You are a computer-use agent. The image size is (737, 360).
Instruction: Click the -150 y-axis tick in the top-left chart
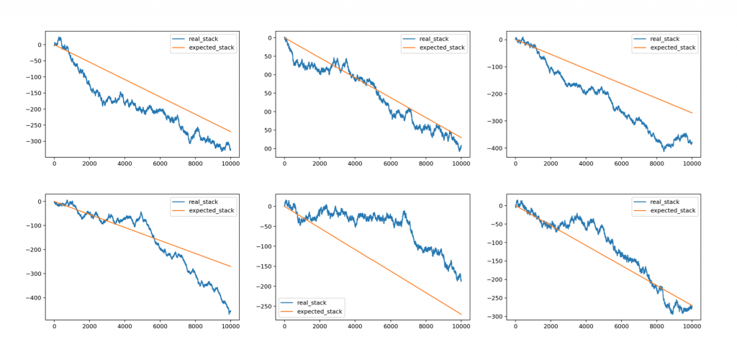32,94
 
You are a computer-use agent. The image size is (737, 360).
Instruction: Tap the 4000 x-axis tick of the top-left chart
125,165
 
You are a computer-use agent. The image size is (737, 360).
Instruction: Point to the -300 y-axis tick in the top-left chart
32,142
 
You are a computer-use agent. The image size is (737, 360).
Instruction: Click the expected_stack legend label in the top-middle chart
442,48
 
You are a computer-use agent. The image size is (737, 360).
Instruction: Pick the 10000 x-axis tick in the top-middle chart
461,165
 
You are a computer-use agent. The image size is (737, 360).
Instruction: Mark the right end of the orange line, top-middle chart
461,138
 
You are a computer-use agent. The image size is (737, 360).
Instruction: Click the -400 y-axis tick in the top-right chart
495,149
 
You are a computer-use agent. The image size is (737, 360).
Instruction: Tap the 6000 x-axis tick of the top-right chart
621,165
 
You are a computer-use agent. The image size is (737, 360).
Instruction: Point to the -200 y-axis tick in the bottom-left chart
32,250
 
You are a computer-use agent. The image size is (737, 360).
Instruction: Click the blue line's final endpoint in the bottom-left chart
231,311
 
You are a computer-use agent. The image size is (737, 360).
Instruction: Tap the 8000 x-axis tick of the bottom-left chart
195,326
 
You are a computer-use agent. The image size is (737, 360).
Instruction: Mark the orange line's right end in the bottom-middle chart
461,314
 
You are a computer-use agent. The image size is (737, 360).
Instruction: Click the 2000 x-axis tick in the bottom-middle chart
320,326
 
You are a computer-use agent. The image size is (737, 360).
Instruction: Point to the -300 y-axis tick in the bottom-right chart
495,317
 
